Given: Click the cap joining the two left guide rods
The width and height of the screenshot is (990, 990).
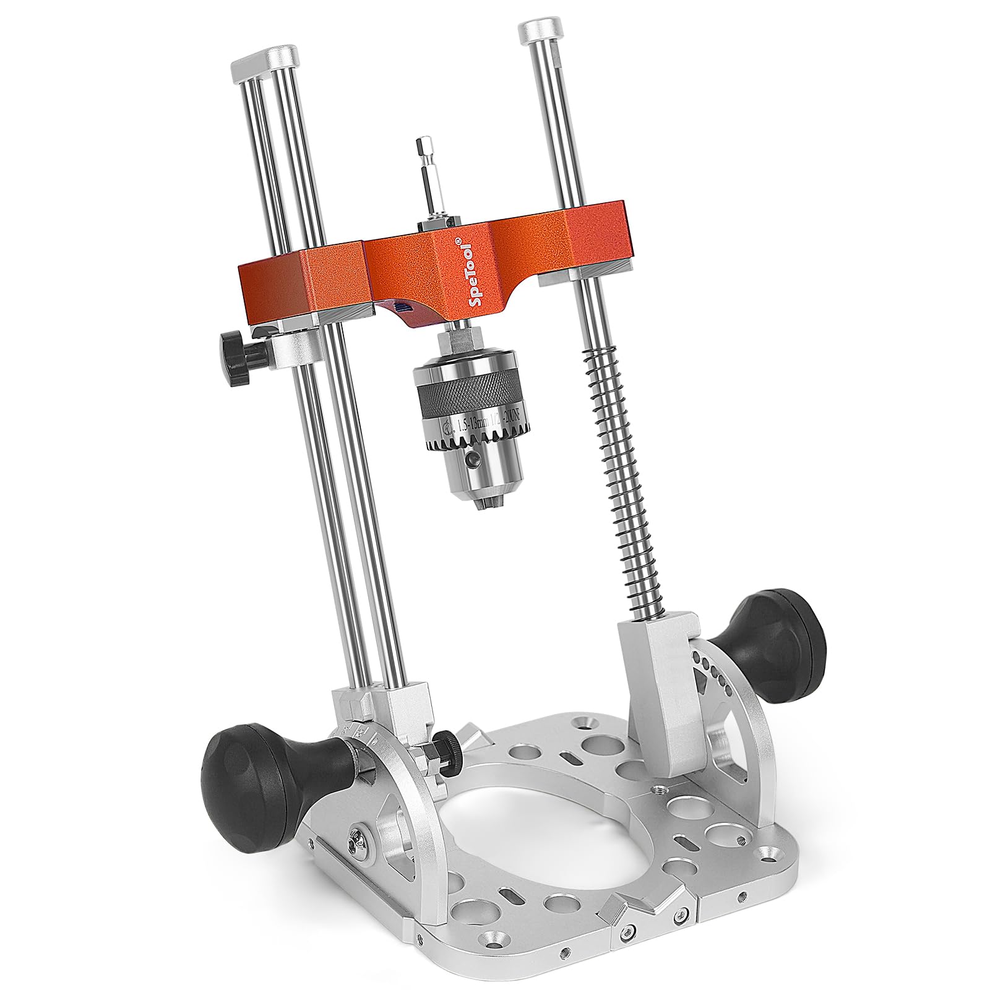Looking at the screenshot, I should point(267,61).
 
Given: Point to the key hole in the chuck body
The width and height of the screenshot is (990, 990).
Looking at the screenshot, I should point(473,460).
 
